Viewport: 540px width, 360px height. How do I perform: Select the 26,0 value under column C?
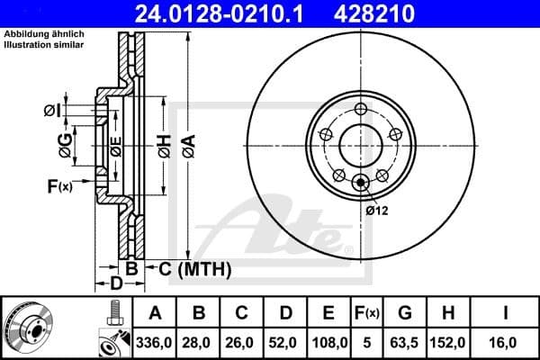(242, 343)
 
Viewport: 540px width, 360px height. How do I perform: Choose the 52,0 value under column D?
(285, 343)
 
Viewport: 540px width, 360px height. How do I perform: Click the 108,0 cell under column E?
(329, 343)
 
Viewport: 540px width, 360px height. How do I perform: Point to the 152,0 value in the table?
(452, 343)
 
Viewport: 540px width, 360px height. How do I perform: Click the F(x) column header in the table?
(369, 313)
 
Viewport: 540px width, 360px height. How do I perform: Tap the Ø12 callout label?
(377, 211)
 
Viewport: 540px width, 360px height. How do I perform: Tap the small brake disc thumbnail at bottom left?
(28, 328)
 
